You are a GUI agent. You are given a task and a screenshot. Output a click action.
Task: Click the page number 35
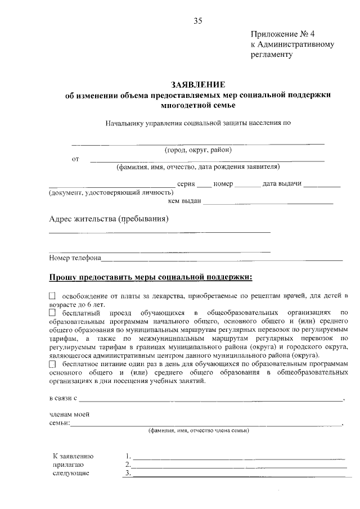click(197, 21)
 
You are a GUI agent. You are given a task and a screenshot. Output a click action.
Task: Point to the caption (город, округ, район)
click(198, 150)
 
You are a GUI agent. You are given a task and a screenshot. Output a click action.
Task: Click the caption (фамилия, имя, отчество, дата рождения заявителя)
click(198, 166)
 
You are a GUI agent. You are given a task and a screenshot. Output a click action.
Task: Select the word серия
click(186, 184)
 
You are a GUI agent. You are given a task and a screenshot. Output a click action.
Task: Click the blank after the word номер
click(246, 184)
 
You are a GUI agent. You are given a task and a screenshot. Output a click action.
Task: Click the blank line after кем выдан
click(268, 201)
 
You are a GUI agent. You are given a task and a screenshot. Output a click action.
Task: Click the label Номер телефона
click(75, 258)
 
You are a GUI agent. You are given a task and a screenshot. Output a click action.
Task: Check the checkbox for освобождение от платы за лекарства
click(53, 295)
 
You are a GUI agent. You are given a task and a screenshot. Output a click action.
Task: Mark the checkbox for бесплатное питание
click(53, 364)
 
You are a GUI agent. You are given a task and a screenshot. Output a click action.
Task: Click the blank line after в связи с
click(211, 399)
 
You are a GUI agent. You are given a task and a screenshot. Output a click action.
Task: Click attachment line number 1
click(238, 457)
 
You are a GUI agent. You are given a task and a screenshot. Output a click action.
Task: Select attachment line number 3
click(238, 474)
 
